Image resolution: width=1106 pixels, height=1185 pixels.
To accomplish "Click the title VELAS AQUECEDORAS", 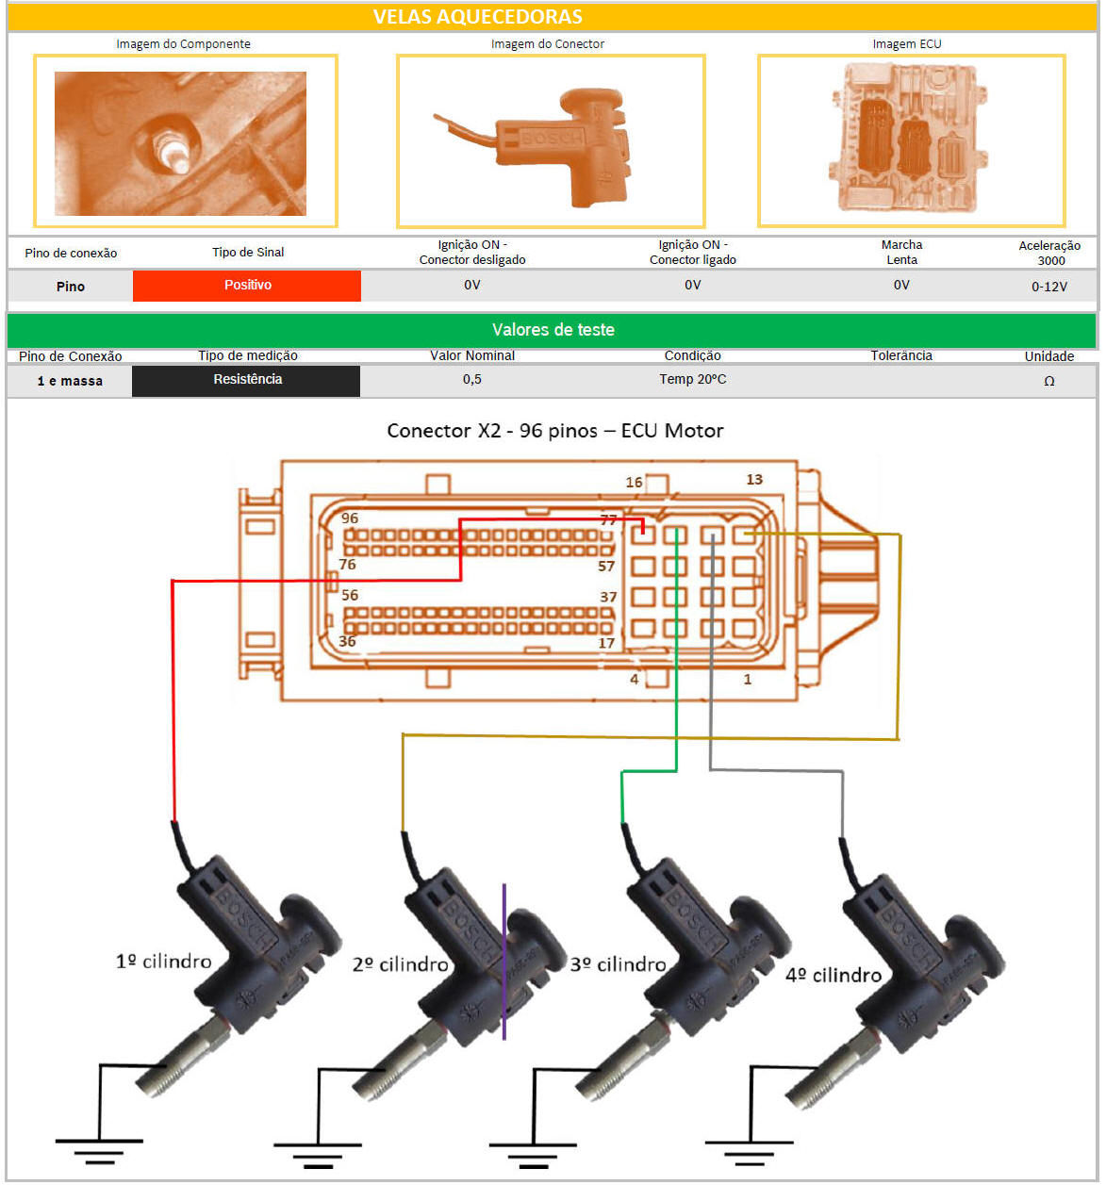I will (x=477, y=17).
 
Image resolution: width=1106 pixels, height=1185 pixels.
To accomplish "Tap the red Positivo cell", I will (x=247, y=286).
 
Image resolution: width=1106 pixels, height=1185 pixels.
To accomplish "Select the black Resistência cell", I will (x=247, y=380).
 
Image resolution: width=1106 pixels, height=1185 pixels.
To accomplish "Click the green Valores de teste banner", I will (x=553, y=330).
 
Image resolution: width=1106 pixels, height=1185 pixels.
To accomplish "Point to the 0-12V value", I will (x=1048, y=287).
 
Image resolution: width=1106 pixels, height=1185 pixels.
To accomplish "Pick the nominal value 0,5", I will (x=472, y=379).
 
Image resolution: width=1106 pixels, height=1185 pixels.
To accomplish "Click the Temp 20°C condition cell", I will (x=692, y=379).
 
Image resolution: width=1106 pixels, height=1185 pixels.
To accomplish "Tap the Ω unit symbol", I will (x=1048, y=381).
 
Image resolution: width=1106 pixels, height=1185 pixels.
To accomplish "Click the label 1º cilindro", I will (x=163, y=961).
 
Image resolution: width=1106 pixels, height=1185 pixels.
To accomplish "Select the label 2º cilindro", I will (x=400, y=964).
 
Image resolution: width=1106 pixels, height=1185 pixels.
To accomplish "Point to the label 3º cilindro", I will (x=618, y=964).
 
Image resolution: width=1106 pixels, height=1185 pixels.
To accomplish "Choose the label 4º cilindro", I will (x=834, y=975).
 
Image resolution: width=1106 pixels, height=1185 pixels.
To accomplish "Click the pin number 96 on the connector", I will (x=350, y=518).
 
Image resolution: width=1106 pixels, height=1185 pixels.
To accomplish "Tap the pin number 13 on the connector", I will (x=754, y=480).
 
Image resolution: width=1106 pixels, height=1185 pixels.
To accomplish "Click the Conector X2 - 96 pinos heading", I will (x=554, y=431).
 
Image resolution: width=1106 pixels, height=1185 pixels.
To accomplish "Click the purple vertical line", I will (x=503, y=962).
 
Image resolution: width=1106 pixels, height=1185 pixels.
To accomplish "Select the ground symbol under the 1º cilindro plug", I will (x=99, y=1150).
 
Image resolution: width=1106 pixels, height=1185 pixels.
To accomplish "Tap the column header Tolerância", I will (x=901, y=355).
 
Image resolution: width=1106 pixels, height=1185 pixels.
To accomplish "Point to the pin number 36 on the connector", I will (x=347, y=642).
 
